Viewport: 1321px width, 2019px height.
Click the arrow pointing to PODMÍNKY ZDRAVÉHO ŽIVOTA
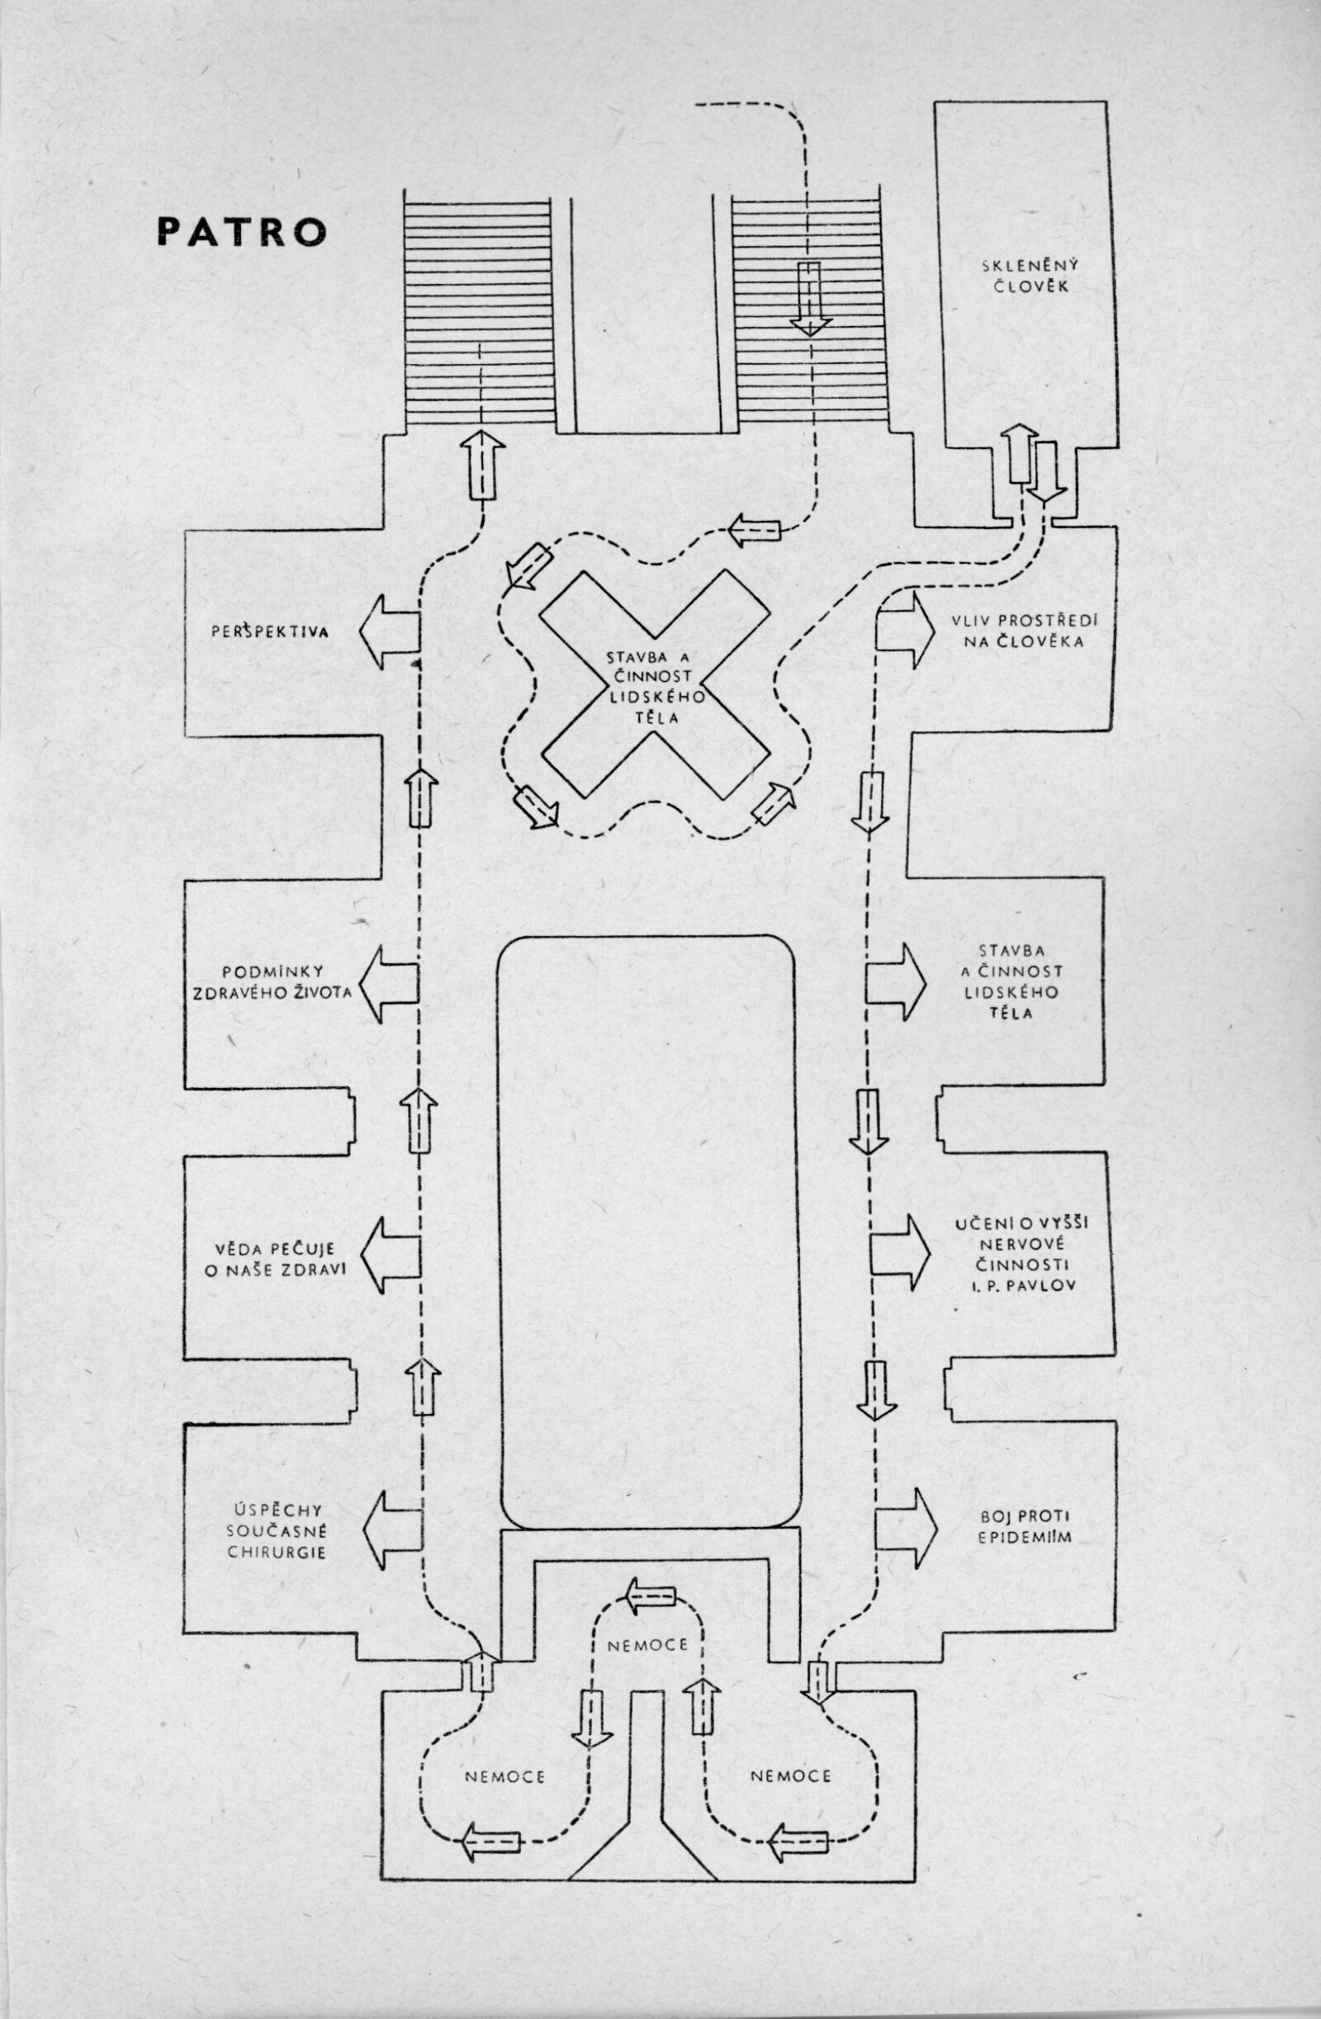coord(391,983)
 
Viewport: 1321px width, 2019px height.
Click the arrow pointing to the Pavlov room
coord(897,1255)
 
